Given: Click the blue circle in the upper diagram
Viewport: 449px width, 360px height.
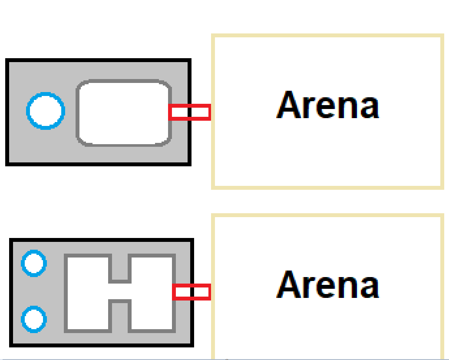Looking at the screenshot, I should click(x=46, y=111).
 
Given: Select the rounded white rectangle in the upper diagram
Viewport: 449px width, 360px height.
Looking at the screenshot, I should click(x=124, y=112).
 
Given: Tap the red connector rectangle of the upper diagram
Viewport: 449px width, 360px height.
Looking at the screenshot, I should click(x=190, y=112).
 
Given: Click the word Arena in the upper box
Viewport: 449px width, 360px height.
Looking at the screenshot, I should click(x=328, y=105).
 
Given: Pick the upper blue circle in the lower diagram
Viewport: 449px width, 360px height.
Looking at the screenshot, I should click(x=34, y=263).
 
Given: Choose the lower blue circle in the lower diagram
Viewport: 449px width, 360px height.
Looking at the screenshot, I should click(x=34, y=319).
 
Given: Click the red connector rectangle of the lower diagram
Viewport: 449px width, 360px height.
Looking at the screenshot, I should click(x=191, y=292).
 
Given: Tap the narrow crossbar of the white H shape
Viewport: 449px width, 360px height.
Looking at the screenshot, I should click(x=119, y=291).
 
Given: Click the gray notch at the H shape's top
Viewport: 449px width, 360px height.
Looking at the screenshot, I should click(x=119, y=268).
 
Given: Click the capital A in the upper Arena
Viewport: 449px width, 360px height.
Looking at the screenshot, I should click(x=290, y=105).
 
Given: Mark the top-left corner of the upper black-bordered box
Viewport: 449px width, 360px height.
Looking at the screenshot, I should click(x=7, y=60).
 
